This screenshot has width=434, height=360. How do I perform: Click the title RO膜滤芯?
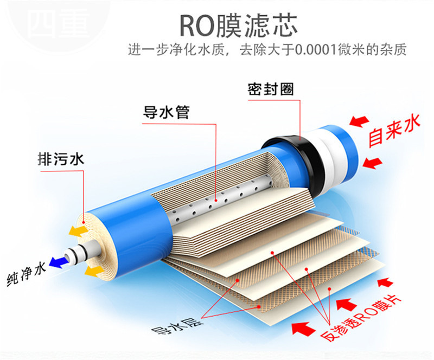[238, 25]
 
